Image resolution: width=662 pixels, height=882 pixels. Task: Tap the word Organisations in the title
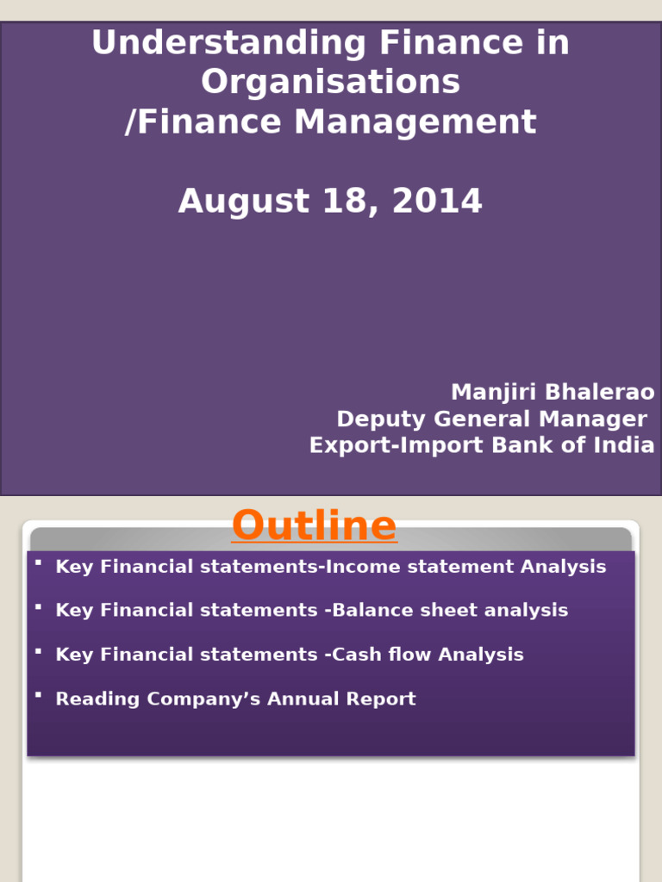(330, 83)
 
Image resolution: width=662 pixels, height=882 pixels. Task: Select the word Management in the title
(415, 122)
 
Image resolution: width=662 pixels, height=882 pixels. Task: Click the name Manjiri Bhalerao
(553, 393)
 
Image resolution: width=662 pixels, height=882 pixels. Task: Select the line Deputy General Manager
(491, 419)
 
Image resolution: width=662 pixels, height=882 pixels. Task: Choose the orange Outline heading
(315, 525)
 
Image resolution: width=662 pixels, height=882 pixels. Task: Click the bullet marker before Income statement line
(38, 562)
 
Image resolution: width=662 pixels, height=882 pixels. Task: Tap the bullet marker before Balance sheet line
(38, 606)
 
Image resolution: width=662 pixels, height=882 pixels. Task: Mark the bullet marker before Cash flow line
(38, 650)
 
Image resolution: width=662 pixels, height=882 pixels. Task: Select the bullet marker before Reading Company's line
(38, 694)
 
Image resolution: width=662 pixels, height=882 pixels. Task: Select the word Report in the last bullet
(381, 699)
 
